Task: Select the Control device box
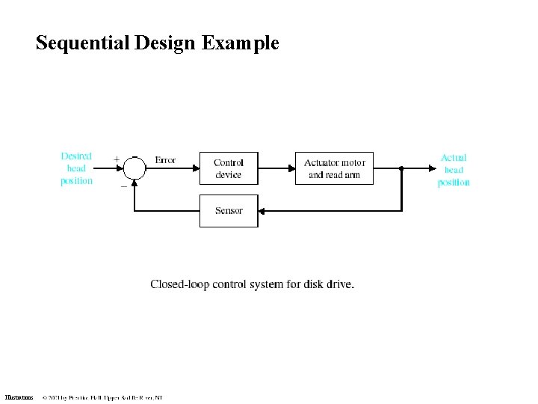tap(229, 168)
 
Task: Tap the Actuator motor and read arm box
tap(334, 168)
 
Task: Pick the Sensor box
tap(229, 210)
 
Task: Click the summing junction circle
tap(134, 168)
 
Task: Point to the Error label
tap(165, 160)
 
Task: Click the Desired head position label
tap(76, 168)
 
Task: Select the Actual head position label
tap(454, 170)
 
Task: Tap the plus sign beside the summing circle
tap(117, 159)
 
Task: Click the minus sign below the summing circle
tap(123, 186)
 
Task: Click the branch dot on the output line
tap(401, 168)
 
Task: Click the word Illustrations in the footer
tap(19, 397)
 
